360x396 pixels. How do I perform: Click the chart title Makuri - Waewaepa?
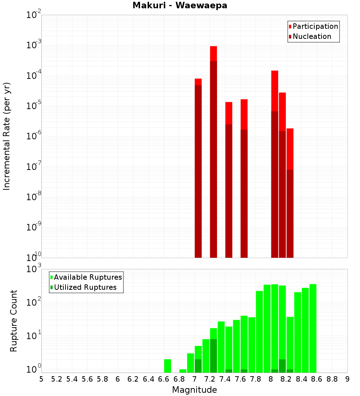pos(180,6)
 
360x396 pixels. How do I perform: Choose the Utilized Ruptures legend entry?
pos(85,287)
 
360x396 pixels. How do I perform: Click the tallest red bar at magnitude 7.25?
pos(213,151)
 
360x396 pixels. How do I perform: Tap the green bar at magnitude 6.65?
pos(167,366)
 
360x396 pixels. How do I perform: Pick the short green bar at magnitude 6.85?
pos(183,371)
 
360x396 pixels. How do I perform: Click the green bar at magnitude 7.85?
pos(259,332)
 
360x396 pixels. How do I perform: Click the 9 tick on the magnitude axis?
pos(347,379)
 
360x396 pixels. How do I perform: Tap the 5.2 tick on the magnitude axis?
pos(57,379)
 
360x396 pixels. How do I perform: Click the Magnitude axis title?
pos(194,390)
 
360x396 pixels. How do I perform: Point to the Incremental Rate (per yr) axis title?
pos(7,136)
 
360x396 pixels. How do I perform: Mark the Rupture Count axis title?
pos(14,321)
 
